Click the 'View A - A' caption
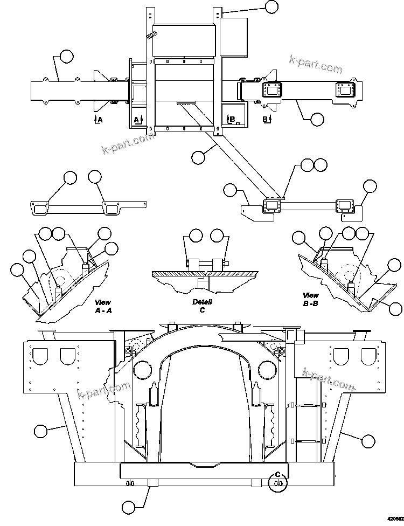point(102,306)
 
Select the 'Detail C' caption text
point(202,306)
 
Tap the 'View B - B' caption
point(310,299)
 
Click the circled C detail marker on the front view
point(278,478)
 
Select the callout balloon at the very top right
point(272,6)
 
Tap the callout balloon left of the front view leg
point(40,431)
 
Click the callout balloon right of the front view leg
point(368,440)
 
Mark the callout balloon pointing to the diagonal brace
point(198,157)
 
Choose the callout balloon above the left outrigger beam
point(66,56)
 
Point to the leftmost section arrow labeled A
point(97,119)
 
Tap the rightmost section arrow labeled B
point(266,119)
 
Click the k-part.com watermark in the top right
point(316,63)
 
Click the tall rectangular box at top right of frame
point(234,37)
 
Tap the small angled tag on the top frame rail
point(150,36)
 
